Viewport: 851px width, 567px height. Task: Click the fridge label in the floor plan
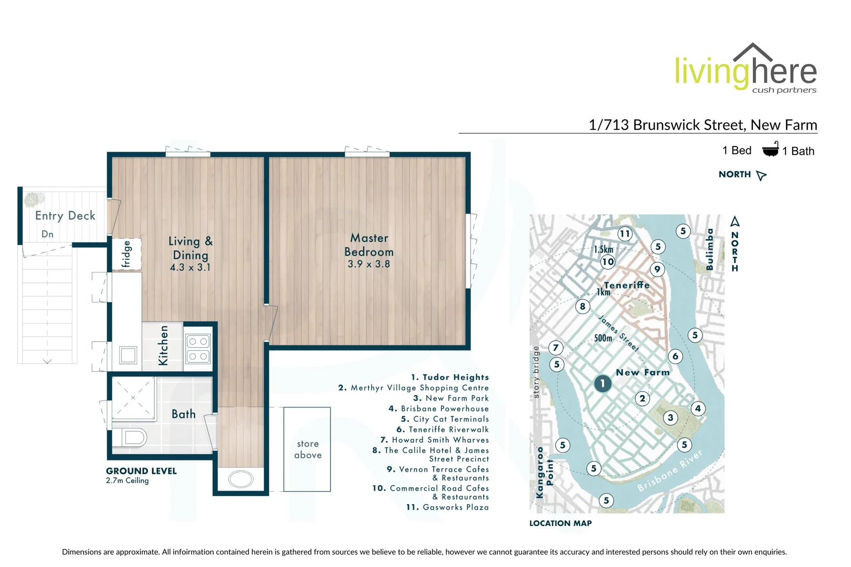tap(127, 255)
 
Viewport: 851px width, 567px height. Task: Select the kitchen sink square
tap(128, 355)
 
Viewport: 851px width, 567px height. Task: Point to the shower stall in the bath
tap(133, 398)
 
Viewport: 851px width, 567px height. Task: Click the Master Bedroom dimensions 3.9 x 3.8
tap(369, 264)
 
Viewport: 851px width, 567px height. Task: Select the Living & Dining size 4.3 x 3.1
tap(190, 267)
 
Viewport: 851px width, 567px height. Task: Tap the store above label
tap(308, 449)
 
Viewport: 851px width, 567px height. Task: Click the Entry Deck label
tap(65, 215)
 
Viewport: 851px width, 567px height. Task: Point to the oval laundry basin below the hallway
tap(241, 479)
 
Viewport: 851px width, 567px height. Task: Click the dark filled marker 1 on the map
tap(602, 383)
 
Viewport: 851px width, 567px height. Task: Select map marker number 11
tap(624, 234)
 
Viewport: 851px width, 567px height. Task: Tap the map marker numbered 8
tap(582, 306)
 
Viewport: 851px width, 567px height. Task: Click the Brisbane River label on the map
tap(669, 471)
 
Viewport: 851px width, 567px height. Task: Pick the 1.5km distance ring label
tap(603, 249)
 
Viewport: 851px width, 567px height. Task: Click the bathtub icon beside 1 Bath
tap(770, 150)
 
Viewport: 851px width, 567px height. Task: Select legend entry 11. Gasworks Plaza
tap(447, 507)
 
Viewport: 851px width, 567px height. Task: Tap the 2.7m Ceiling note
tap(128, 480)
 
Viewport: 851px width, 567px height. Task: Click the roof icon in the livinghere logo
tap(753, 52)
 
